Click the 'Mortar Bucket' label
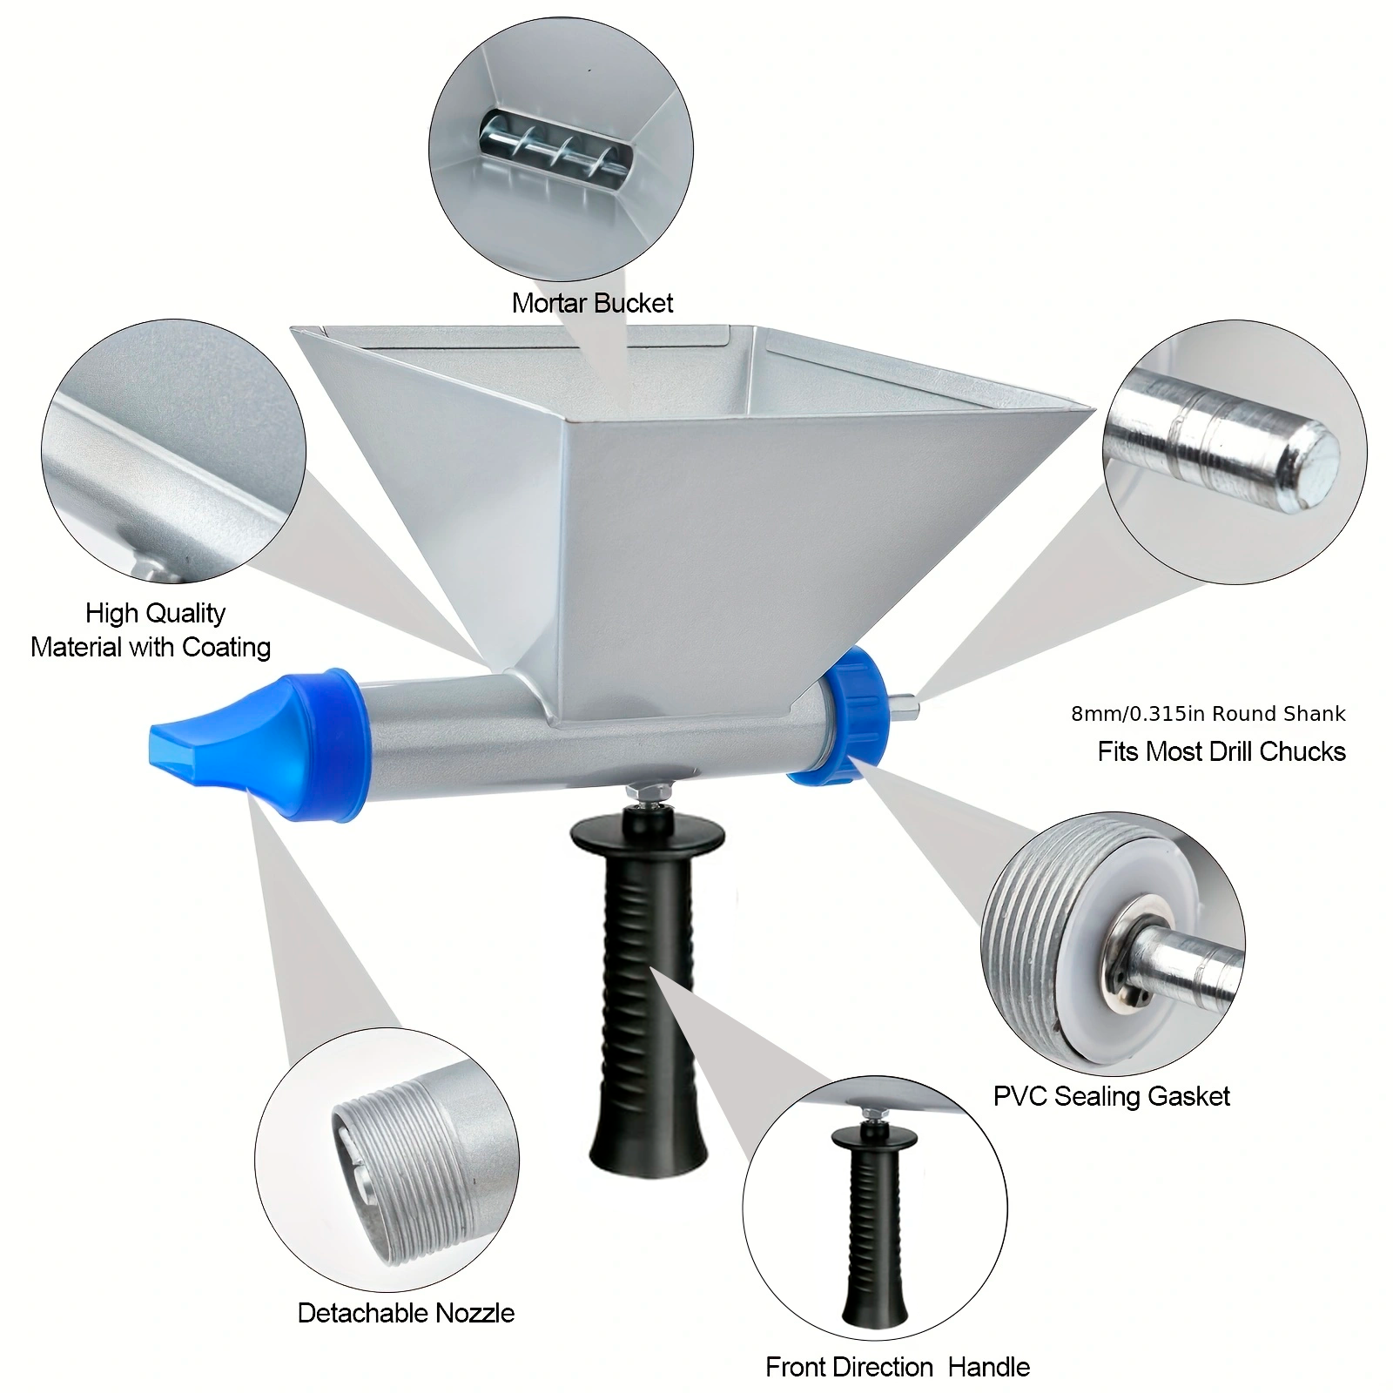pyautogui.click(x=592, y=303)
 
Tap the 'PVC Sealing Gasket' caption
pyautogui.click(x=1112, y=1096)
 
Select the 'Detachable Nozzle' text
pyautogui.click(x=406, y=1313)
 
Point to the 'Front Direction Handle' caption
pyautogui.click(x=898, y=1367)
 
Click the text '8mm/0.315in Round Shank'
pyautogui.click(x=1208, y=714)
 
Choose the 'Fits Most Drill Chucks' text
pyautogui.click(x=1221, y=751)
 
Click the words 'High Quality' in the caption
pyautogui.click(x=155, y=614)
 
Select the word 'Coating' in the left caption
pyautogui.click(x=226, y=648)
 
